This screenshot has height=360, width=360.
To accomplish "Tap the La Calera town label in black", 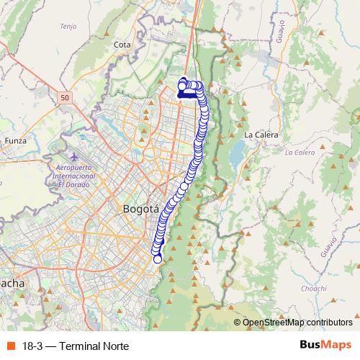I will click(261, 135).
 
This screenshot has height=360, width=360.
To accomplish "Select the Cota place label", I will click(121, 44).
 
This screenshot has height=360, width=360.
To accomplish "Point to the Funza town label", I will click(15, 140).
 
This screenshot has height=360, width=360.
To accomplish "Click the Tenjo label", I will click(68, 27).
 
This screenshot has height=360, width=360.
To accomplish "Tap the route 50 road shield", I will click(66, 97).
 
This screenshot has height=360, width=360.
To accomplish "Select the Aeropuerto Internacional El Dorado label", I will click(75, 176).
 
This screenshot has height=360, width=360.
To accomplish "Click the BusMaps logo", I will click(325, 344).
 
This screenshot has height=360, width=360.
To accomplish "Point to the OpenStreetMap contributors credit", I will click(297, 323).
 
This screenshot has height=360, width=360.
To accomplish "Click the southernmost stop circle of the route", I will click(158, 259).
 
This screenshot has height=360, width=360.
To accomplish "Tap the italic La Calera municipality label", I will click(300, 153).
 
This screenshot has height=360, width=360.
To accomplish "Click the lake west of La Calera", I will click(235, 152).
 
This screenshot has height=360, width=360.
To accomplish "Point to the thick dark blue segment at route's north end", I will click(188, 94).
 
